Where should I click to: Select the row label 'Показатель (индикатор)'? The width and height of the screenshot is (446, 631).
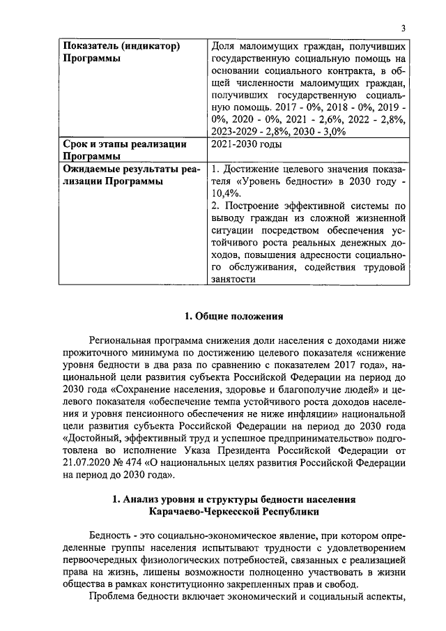click(122, 46)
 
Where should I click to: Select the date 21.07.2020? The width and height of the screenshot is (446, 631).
click(88, 463)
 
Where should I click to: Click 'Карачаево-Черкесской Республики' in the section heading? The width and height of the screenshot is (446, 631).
click(233, 512)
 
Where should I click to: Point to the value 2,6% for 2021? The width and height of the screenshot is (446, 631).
click(318, 120)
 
